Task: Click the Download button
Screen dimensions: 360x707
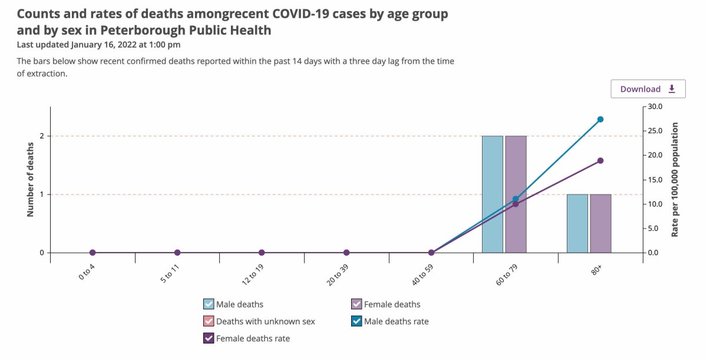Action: point(648,89)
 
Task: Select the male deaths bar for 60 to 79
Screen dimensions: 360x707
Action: point(493,194)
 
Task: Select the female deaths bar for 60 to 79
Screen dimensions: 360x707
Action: point(516,194)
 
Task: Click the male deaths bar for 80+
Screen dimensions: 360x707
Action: point(577,223)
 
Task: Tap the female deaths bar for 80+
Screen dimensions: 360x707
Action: point(600,223)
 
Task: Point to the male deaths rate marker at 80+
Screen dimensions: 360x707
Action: point(600,120)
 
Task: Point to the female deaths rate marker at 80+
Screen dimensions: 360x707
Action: point(600,161)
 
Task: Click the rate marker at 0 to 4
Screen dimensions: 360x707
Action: point(92,252)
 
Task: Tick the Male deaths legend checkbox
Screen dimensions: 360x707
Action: point(209,304)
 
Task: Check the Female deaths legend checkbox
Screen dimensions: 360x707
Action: point(356,304)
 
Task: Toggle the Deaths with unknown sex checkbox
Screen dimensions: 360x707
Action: point(209,321)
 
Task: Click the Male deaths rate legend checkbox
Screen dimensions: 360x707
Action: point(356,321)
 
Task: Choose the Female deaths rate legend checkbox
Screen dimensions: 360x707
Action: point(209,338)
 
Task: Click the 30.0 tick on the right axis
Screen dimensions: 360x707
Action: point(655,107)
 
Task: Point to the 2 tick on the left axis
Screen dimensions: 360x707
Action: point(42,136)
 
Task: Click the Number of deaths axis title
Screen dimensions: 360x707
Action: point(30,180)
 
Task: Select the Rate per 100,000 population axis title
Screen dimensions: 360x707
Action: point(675,180)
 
